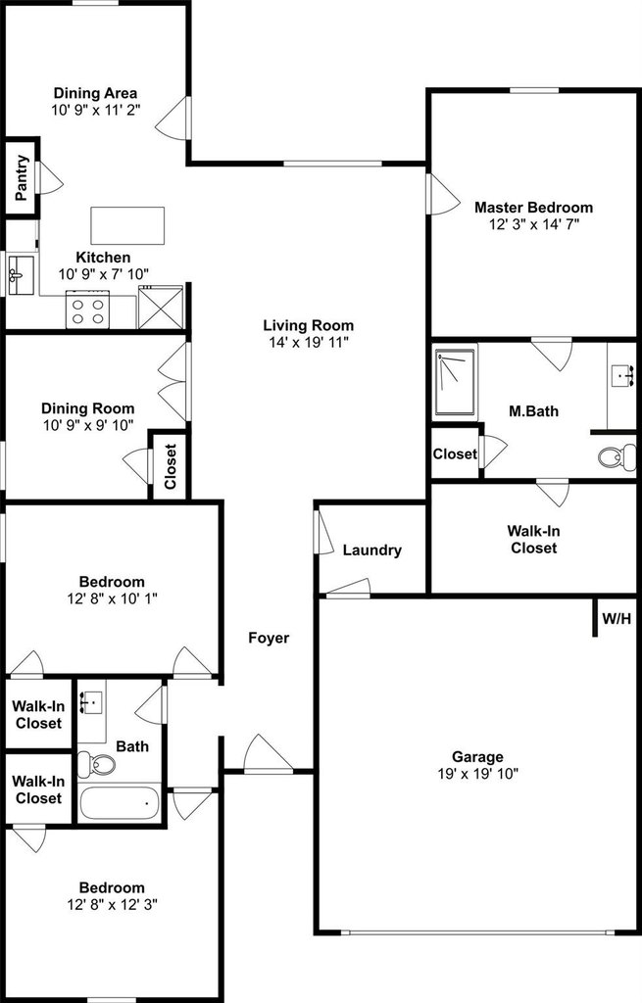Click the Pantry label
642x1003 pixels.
[x=23, y=177]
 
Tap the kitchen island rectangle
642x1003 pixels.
[x=127, y=225]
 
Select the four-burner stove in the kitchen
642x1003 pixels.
[x=87, y=310]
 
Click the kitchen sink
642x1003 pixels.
[x=20, y=275]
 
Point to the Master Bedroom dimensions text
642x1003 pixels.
[x=533, y=224]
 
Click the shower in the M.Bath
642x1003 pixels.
[x=456, y=382]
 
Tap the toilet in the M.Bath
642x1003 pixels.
[x=617, y=456]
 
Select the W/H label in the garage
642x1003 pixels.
[x=617, y=619]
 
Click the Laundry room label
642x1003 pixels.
[x=371, y=550]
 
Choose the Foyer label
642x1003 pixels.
[x=269, y=638]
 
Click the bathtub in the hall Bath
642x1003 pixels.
[x=119, y=803]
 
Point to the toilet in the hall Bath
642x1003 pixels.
[x=96, y=764]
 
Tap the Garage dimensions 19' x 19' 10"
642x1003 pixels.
[x=477, y=774]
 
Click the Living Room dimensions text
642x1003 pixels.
[x=309, y=342]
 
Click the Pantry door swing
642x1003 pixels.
[x=51, y=178]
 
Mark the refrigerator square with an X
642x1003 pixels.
[x=160, y=307]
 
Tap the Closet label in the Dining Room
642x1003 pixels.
[x=171, y=466]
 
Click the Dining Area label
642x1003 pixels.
[x=95, y=93]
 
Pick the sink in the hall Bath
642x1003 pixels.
[x=92, y=701]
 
